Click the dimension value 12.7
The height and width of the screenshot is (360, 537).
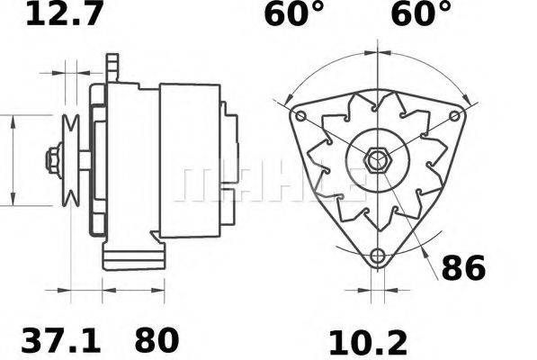[62, 14]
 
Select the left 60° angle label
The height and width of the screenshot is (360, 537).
[294, 14]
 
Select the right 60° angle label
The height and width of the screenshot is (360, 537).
[420, 14]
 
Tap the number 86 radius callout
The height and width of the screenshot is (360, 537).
[463, 268]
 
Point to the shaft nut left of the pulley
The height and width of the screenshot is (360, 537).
[51, 162]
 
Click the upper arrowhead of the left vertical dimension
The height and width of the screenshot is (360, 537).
[13, 121]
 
